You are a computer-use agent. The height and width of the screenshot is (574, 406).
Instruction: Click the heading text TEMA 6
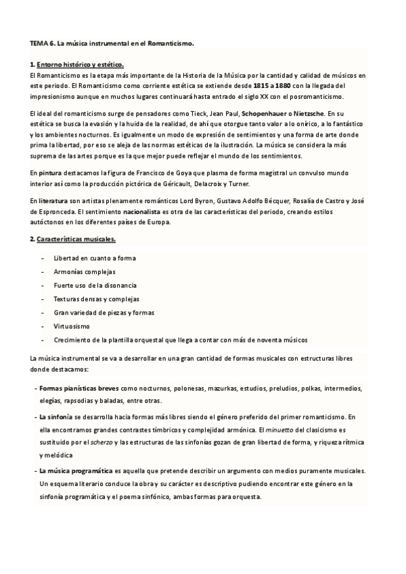point(42,43)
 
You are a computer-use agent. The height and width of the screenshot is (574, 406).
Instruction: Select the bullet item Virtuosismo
point(71,326)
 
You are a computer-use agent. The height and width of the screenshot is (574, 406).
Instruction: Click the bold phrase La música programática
point(76,470)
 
